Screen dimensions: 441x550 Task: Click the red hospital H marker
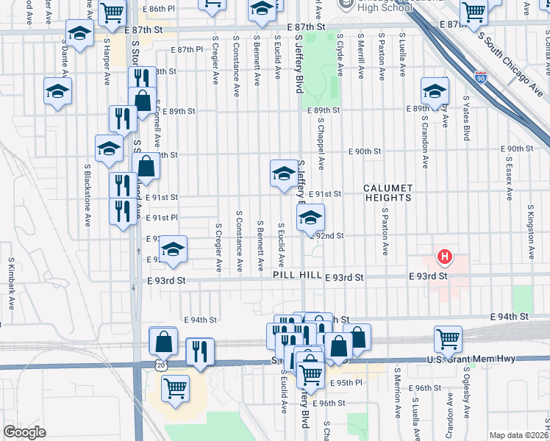click(x=445, y=257)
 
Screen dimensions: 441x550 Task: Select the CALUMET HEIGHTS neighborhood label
click(x=387, y=193)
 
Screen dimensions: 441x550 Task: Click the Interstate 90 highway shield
click(x=479, y=76)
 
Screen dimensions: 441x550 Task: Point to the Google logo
click(x=24, y=431)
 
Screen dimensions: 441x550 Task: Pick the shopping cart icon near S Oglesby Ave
click(x=448, y=339)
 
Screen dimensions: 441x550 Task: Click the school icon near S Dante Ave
click(x=79, y=33)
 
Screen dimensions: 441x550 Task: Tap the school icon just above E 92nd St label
click(x=310, y=217)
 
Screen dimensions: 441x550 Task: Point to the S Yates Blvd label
click(x=466, y=117)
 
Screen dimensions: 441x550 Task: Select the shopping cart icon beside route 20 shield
click(x=174, y=389)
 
